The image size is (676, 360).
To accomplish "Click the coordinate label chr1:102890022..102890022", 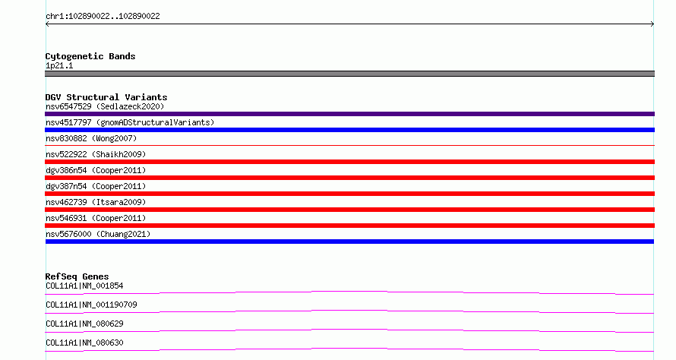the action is click(103, 17).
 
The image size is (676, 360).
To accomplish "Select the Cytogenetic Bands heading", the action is click(90, 56).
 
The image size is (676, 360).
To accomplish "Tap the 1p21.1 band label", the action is click(59, 65).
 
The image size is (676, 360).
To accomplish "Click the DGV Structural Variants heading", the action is click(106, 97).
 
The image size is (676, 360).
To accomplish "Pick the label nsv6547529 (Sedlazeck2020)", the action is click(105, 106).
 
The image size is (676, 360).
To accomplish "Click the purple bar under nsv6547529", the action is click(349, 114).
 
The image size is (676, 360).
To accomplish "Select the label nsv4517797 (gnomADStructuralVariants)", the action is click(130, 122).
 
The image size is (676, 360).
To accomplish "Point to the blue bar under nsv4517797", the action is click(349, 130).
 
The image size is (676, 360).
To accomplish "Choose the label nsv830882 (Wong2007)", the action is click(91, 138).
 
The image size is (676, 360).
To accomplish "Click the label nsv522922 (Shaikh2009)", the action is click(96, 154).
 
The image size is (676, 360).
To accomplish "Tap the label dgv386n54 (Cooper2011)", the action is click(96, 170).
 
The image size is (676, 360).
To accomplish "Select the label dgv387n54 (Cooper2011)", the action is click(96, 186).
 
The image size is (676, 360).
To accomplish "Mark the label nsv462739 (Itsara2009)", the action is click(96, 202).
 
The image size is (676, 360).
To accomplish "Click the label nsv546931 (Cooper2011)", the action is click(96, 218).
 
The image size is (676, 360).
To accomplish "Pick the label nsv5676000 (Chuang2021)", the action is click(98, 234).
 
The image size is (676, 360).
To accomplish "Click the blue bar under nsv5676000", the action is click(349, 242).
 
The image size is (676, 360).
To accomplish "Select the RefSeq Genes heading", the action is click(77, 276).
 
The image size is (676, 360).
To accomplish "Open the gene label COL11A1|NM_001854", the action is click(84, 286).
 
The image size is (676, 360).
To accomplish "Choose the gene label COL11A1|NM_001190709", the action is click(91, 305).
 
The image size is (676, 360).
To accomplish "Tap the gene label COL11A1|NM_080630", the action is click(84, 343).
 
